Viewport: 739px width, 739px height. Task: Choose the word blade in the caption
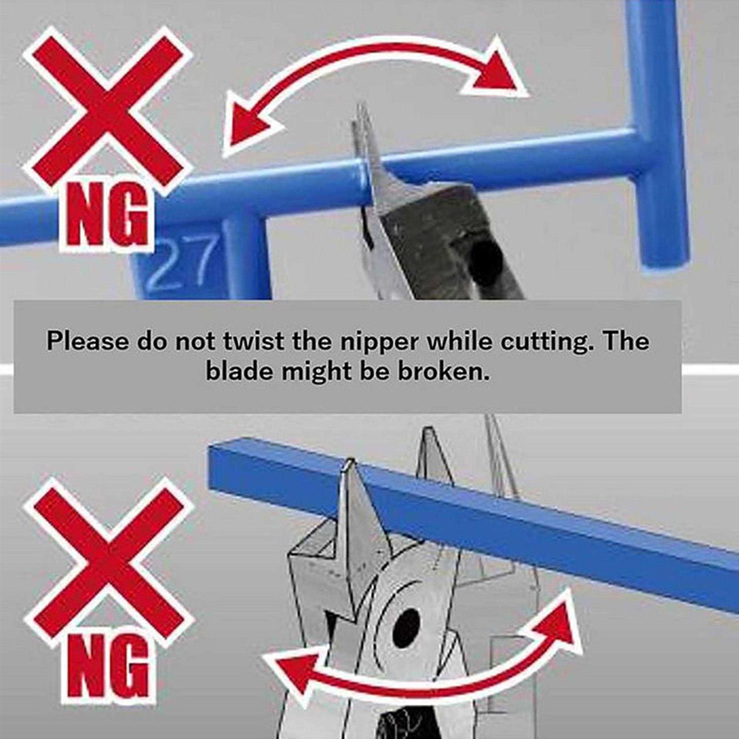pos(240,371)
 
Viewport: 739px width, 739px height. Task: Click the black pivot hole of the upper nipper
pos(485,264)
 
